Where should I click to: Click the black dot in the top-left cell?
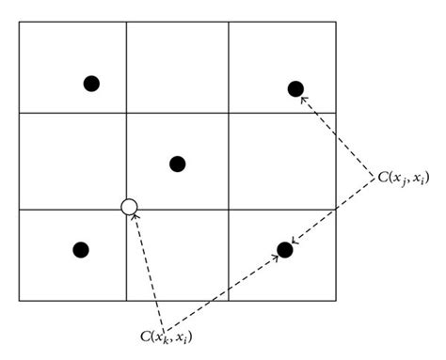(91, 83)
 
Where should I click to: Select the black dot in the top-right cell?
(295, 88)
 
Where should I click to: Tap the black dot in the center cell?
(177, 164)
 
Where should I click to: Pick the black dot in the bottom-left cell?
(81, 249)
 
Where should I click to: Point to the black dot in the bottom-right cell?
(285, 249)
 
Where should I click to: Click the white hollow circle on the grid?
(130, 207)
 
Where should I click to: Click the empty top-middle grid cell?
(178, 67)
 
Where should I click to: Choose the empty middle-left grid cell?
(72, 160)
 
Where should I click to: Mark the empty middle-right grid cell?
(282, 160)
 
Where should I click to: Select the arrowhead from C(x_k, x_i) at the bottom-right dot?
(277, 256)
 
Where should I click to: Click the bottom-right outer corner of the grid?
(335, 301)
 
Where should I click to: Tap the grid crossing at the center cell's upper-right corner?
(230, 113)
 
